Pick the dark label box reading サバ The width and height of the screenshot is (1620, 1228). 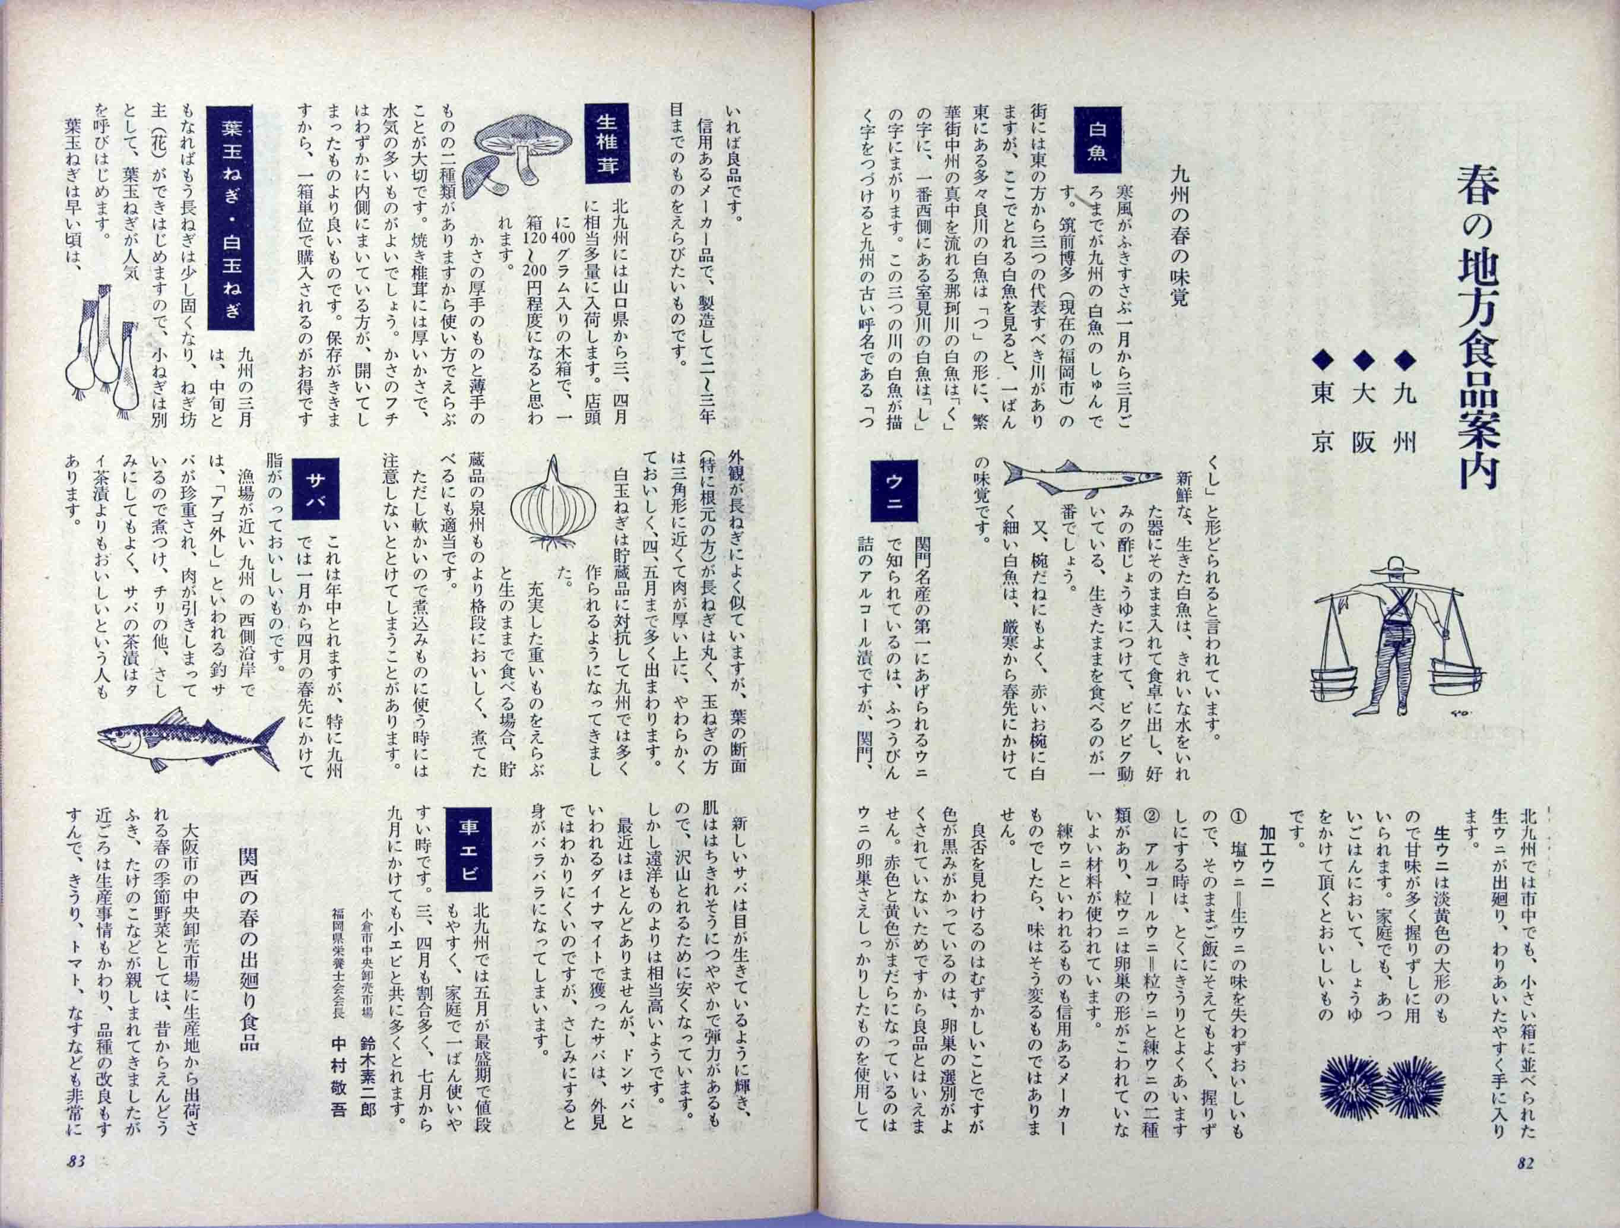click(x=314, y=489)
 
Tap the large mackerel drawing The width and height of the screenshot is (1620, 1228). click(x=191, y=739)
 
